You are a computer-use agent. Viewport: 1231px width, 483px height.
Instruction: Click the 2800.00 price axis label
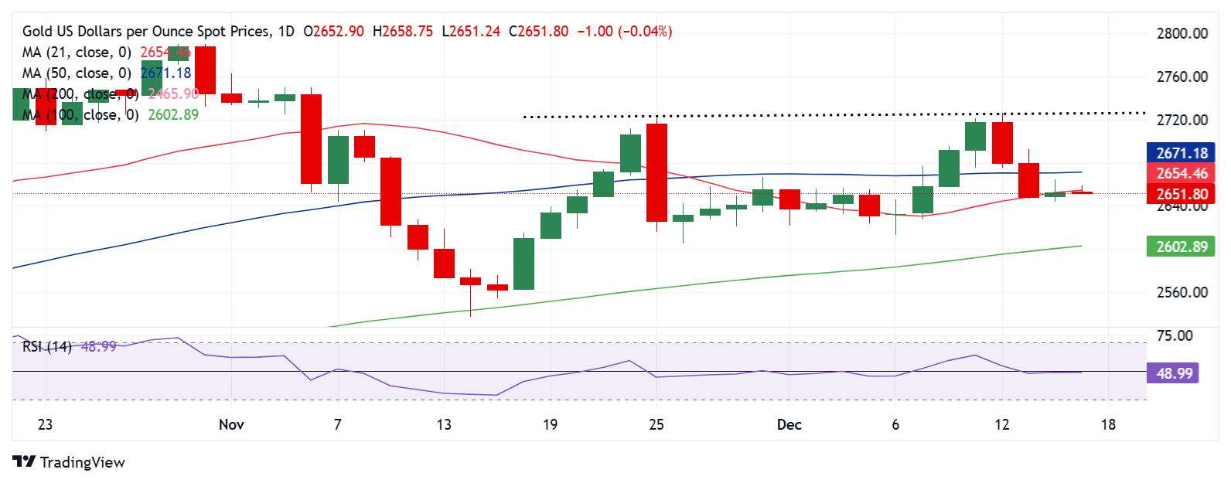click(1182, 33)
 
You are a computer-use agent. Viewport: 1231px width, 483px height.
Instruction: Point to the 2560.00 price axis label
click(1182, 292)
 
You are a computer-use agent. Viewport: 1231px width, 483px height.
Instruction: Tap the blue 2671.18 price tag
click(1182, 153)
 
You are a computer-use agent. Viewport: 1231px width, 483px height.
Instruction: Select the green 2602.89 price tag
click(1182, 247)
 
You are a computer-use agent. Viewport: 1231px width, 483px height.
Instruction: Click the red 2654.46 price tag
click(1182, 174)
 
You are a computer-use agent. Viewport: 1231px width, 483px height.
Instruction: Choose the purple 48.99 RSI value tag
click(1174, 373)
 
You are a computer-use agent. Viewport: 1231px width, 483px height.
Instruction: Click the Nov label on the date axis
click(231, 424)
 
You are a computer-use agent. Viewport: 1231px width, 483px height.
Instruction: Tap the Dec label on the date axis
click(789, 424)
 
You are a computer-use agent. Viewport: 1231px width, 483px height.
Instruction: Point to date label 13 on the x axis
click(444, 424)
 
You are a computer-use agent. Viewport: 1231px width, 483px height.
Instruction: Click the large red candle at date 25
click(656, 172)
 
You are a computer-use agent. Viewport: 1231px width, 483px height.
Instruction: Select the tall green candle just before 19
click(523, 264)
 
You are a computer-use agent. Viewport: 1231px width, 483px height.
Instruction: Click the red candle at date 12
click(1002, 143)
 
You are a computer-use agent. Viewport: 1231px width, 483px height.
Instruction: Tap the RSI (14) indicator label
click(46, 346)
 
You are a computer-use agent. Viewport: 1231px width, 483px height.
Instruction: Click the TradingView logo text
click(82, 462)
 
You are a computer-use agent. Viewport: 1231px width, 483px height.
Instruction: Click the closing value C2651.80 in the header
click(538, 32)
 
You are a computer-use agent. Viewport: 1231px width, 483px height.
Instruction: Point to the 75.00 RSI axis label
click(1174, 335)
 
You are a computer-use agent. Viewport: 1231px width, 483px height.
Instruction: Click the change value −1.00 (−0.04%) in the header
click(625, 32)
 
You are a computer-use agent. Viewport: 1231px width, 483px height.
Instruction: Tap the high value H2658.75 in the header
click(402, 32)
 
